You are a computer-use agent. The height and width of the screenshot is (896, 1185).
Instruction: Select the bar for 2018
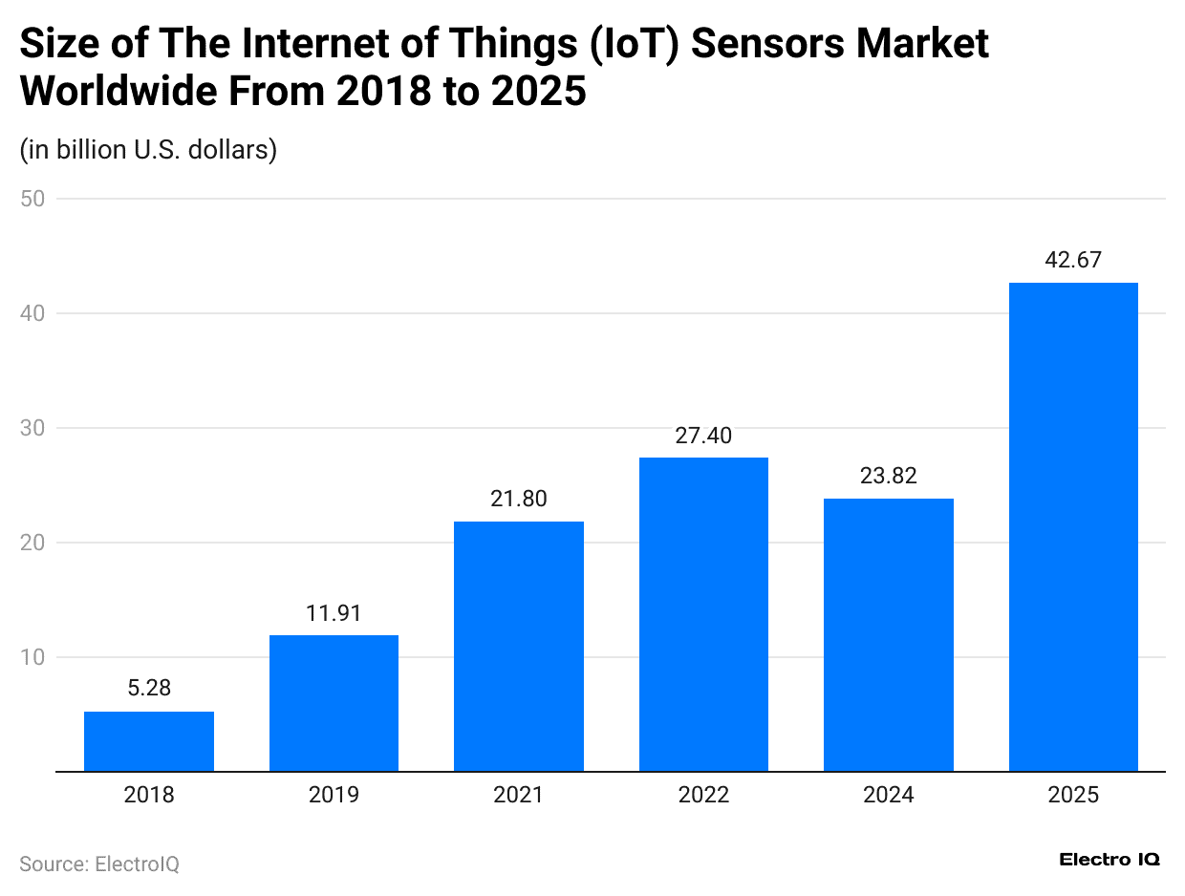coord(148,741)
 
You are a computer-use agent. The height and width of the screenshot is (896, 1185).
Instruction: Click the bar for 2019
coord(334,703)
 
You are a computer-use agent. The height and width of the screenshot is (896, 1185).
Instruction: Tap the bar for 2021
coord(518,647)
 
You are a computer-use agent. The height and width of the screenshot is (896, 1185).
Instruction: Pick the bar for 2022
coord(703,614)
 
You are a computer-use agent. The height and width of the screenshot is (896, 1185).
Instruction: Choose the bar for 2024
coord(888,635)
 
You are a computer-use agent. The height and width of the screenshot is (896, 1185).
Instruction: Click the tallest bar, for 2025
coord(1073,527)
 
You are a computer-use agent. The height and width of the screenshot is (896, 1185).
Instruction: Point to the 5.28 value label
coord(148,688)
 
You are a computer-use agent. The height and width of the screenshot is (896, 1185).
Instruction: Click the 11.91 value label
coord(334,612)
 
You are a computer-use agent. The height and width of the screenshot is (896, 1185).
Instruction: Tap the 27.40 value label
coord(703,436)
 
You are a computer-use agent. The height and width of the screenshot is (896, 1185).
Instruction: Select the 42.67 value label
coord(1073,260)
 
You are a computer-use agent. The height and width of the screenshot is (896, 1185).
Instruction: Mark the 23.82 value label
coord(888,476)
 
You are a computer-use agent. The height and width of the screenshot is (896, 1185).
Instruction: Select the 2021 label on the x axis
coord(518,795)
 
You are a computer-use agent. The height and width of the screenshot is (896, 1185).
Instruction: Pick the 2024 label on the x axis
coord(888,795)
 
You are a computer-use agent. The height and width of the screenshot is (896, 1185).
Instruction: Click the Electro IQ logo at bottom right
coord(1110,860)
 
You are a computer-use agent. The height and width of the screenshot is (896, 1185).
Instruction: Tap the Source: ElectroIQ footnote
coord(99,864)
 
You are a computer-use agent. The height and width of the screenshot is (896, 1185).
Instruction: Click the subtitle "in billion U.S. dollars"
coord(148,150)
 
